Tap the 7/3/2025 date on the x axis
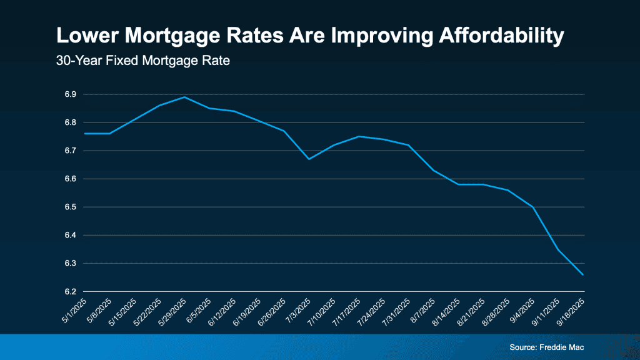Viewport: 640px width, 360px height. coord(299,310)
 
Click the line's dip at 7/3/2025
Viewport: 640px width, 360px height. coord(309,159)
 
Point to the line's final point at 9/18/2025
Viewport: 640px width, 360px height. coord(584,274)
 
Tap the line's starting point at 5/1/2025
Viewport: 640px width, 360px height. coord(85,133)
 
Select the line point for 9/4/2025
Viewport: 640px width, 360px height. coord(533,207)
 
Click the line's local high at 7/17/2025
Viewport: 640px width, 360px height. coord(359,136)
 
